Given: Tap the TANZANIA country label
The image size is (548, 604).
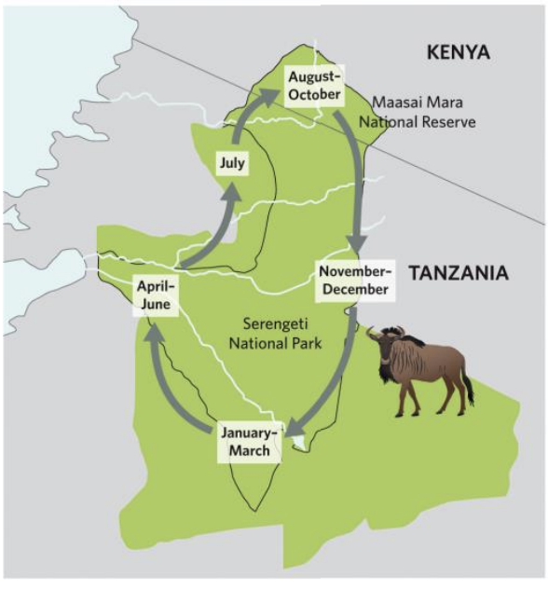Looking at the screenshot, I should (x=459, y=273).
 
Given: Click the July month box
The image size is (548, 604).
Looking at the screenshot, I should (x=232, y=163).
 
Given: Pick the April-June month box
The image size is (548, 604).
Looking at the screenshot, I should (x=157, y=296).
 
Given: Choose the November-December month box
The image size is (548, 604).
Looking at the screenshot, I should (x=353, y=280).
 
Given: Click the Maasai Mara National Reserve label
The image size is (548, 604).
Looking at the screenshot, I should (x=423, y=113).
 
